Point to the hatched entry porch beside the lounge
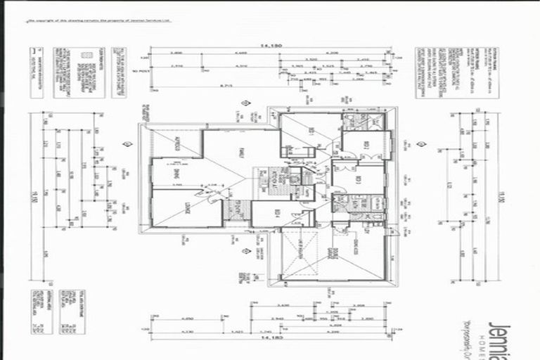(235, 211)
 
